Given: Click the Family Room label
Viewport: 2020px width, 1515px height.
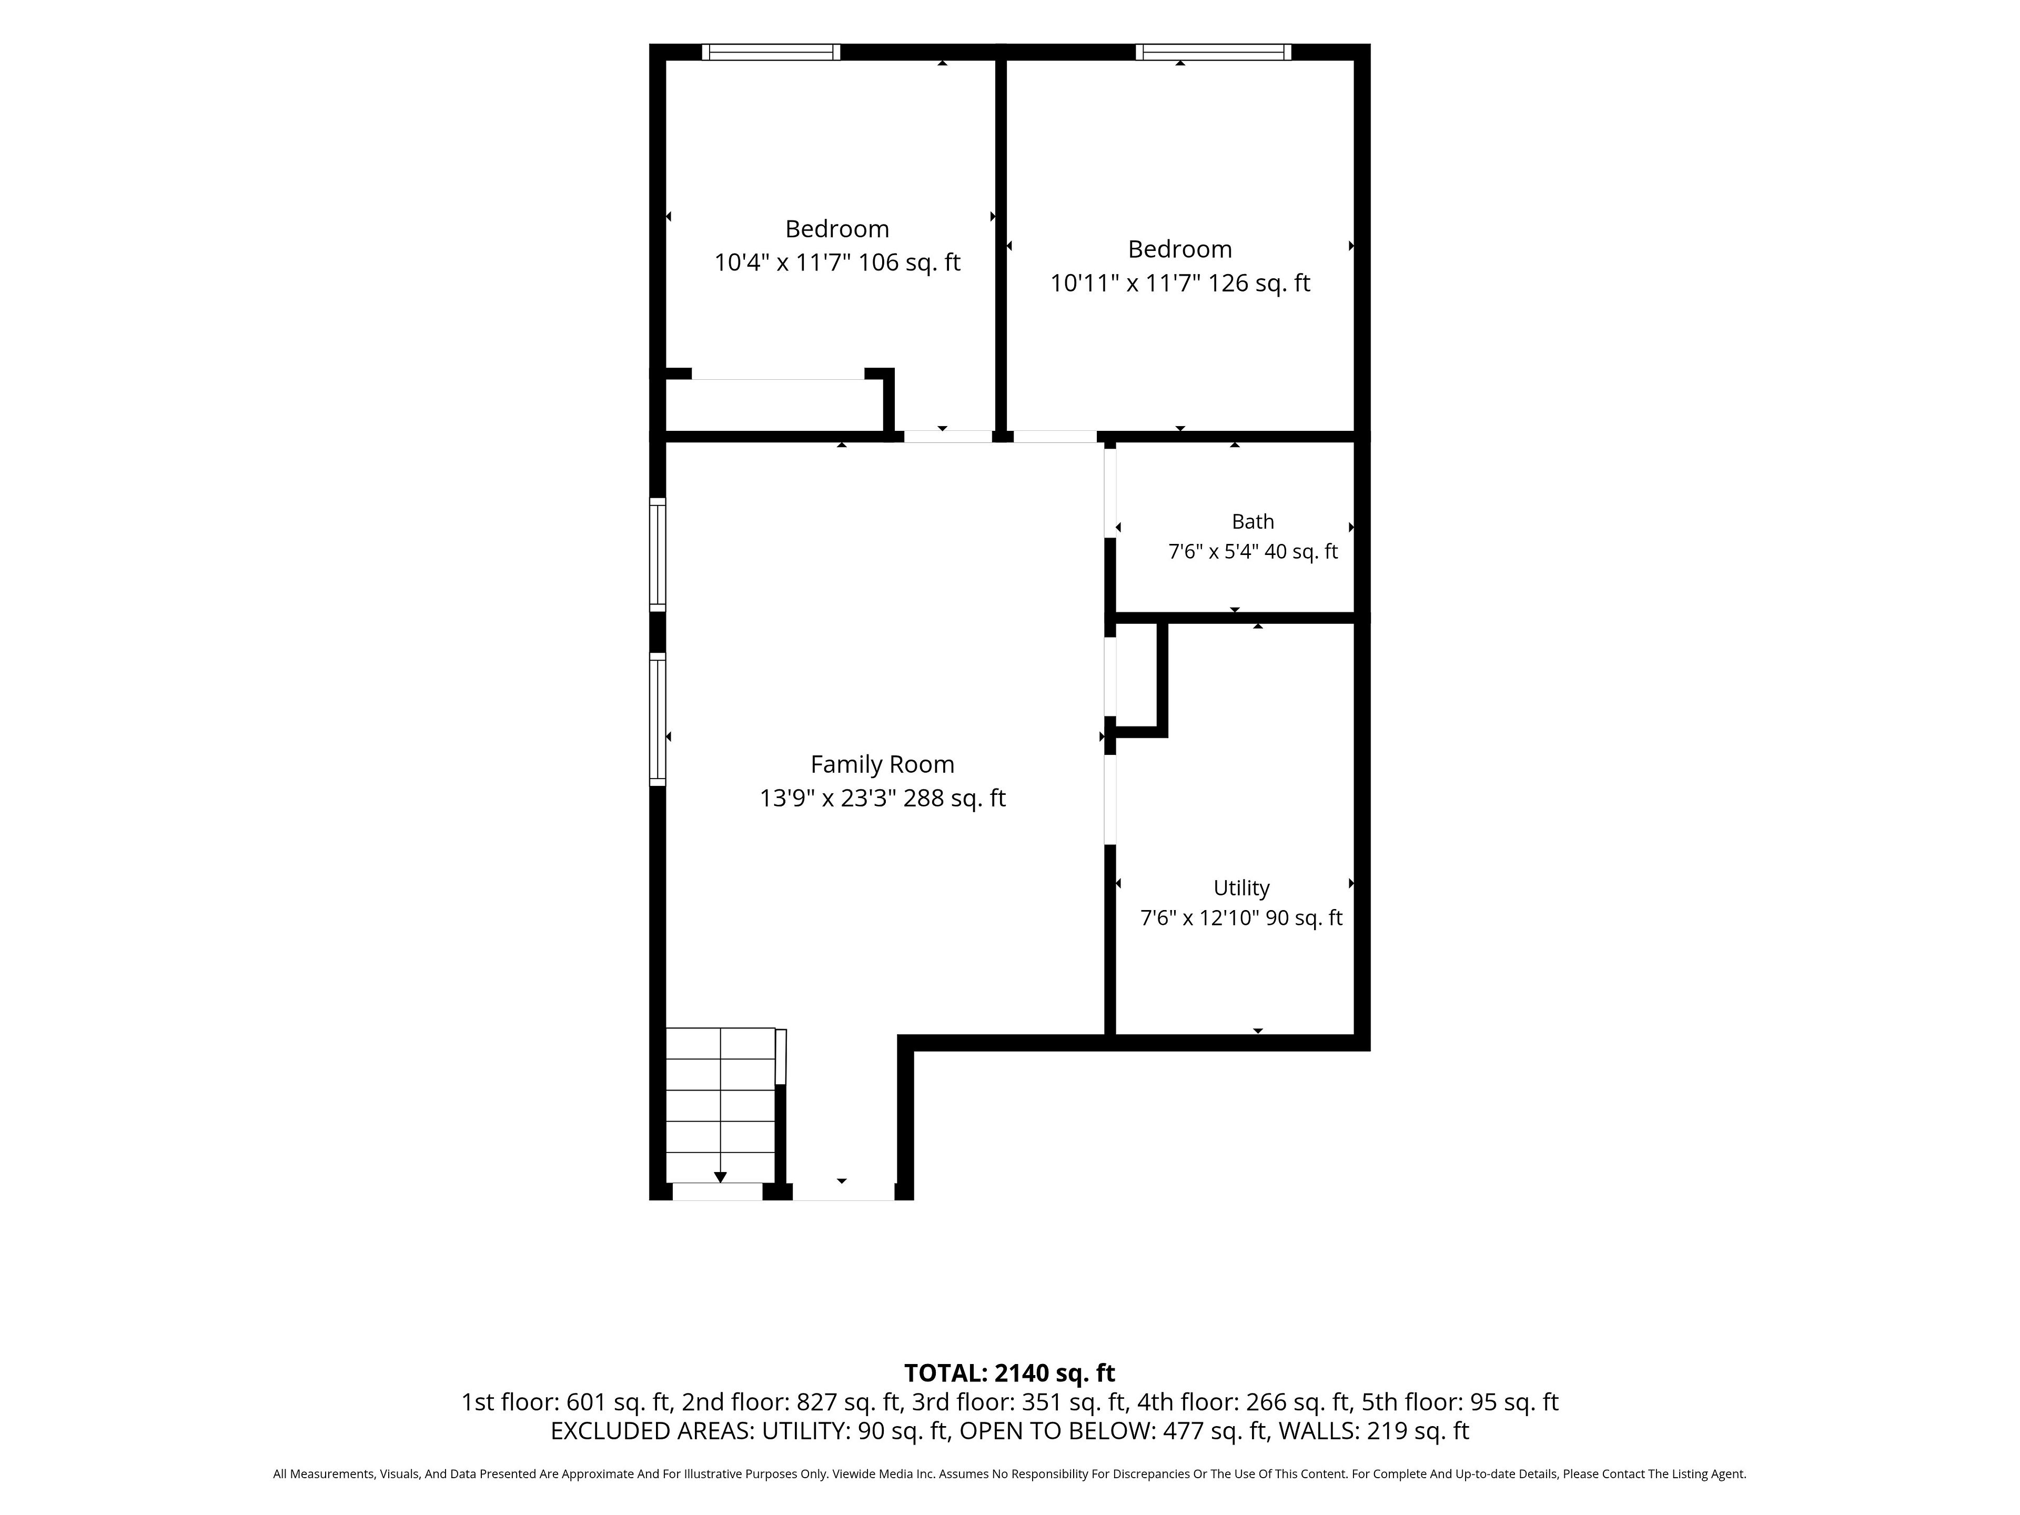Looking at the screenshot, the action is pos(882,764).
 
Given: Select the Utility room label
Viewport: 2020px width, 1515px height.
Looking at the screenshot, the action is pos(1241,887).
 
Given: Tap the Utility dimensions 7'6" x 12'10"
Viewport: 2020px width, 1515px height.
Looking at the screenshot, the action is pos(1202,918).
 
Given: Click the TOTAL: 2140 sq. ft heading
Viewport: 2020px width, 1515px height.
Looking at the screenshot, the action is pos(1009,1373).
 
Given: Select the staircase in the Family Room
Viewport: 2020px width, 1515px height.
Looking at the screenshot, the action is pos(721,1105).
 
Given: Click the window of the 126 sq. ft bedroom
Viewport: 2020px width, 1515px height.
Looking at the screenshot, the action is pos(1214,52).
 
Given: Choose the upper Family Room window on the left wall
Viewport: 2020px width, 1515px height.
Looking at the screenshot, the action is pos(658,554).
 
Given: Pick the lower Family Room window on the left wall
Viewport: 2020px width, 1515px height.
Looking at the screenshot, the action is pos(658,720).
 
